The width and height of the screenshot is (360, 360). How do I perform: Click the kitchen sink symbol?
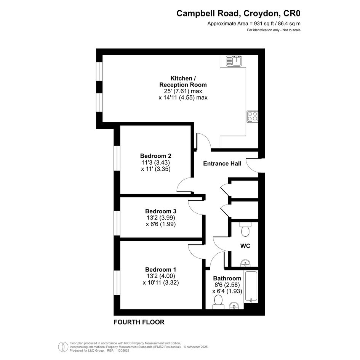pyautogui.click(x=234, y=61)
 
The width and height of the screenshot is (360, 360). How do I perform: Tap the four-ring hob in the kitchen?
pyautogui.click(x=253, y=117)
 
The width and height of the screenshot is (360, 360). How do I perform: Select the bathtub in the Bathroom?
pyautogui.click(x=251, y=286)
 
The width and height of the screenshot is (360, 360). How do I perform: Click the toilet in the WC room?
pyautogui.click(x=245, y=229)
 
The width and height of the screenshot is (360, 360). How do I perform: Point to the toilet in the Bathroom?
pyautogui.click(x=218, y=302)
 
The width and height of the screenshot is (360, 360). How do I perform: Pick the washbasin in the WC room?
pyautogui.click(x=246, y=263)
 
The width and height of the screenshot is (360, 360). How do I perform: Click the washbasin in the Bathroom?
pyautogui.click(x=234, y=306)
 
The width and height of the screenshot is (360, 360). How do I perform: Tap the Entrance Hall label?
pyautogui.click(x=222, y=163)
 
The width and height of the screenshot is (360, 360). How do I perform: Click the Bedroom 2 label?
pyautogui.click(x=156, y=156)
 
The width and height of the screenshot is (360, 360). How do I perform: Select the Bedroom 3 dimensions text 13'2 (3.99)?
pyautogui.click(x=161, y=218)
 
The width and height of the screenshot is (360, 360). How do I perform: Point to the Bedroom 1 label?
pyautogui.click(x=161, y=270)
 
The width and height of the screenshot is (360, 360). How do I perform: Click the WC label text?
pyautogui.click(x=245, y=246)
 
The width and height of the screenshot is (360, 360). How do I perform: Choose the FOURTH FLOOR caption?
pyautogui.click(x=139, y=322)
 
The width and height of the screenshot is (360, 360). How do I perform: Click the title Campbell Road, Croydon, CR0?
pyautogui.click(x=238, y=13)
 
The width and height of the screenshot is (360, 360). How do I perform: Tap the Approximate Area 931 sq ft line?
pyautogui.click(x=254, y=23)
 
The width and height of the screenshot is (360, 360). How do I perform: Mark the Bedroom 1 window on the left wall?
pyautogui.click(x=117, y=283)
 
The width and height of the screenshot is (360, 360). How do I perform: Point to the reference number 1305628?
pyautogui.click(x=123, y=350)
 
